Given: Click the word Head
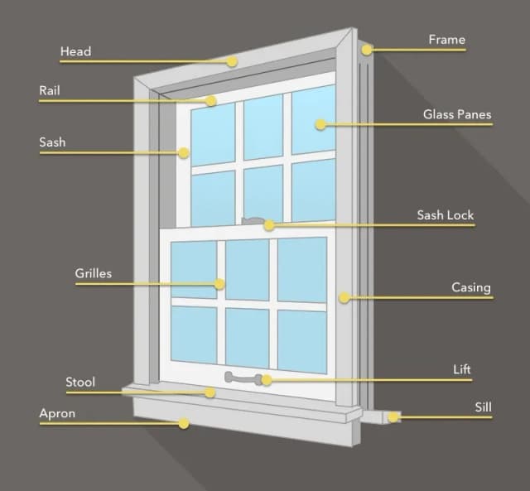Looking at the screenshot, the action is (75, 51).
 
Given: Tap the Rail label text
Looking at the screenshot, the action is (50, 90).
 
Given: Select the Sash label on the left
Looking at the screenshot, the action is (52, 142).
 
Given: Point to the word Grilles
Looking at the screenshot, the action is (94, 273).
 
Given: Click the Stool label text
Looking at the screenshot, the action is (80, 383).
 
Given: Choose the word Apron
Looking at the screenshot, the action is (57, 414).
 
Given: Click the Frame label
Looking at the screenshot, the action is (447, 40).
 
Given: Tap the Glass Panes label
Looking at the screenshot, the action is (457, 114).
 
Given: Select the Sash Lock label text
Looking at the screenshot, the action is (446, 215).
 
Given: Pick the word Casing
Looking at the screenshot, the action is (471, 287).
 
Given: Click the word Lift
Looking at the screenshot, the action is (462, 369).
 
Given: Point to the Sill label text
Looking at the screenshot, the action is (483, 407).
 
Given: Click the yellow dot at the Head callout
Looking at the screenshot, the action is (232, 61).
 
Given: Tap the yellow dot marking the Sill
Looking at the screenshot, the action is (393, 417).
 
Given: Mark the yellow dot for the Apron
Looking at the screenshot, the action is (184, 423).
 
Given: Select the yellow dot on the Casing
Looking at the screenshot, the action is (344, 297).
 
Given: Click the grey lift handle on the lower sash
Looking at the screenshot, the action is (243, 378).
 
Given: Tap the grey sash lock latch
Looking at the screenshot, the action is (253, 221).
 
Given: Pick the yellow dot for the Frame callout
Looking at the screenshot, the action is (366, 50).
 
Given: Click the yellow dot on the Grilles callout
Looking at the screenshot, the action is (219, 284).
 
